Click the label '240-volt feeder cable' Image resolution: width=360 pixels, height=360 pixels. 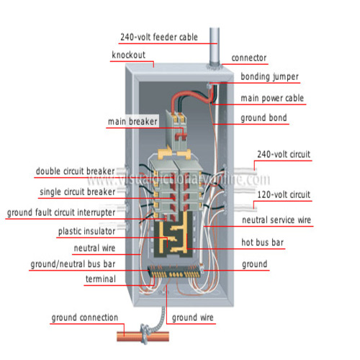159,37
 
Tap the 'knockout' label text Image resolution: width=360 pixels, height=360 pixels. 129,55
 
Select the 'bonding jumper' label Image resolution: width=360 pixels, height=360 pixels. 269,77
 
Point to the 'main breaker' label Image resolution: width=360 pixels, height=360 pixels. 132,122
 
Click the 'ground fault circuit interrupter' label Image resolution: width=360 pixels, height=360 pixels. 61,212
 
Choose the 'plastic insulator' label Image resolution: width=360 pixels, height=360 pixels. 86,231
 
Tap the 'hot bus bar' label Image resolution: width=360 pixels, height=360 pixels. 262,243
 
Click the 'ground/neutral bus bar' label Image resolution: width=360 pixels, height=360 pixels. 73,264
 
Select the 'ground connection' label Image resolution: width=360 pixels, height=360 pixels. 85,318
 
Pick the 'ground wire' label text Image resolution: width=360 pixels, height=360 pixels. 192,318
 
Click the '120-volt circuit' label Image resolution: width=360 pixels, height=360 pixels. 284,194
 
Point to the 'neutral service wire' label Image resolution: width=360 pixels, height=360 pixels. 276,220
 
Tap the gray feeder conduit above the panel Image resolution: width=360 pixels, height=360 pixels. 215,47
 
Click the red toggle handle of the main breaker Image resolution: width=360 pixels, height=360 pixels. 181,137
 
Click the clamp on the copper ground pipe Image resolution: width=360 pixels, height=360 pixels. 145,334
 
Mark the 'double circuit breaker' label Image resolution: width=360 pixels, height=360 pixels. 75,171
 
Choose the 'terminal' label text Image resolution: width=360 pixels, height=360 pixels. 101,279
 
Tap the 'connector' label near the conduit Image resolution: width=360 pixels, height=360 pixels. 249,58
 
